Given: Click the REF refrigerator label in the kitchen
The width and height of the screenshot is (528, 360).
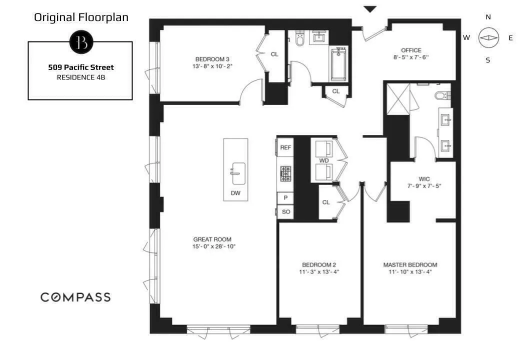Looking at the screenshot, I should [x=285, y=147].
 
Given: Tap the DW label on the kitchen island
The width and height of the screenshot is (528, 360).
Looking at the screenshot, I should [x=235, y=192].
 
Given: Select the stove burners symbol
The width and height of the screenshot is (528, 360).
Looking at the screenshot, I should [x=285, y=173].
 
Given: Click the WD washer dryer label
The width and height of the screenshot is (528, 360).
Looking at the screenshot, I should [x=323, y=160].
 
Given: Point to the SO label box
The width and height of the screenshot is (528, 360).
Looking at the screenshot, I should [x=285, y=212].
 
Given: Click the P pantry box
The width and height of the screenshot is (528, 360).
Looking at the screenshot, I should [x=285, y=198].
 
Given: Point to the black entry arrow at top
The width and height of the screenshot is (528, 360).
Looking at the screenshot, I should [x=370, y=9].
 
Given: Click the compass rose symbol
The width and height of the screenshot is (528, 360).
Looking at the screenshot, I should [x=488, y=38].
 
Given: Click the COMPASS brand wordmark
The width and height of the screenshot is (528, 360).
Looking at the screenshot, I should [x=75, y=297].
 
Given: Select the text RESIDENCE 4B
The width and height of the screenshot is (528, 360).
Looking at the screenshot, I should [x=80, y=77].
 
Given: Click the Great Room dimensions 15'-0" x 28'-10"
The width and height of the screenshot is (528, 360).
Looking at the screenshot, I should [x=213, y=246].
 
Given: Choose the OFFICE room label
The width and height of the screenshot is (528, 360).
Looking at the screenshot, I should [x=411, y=50].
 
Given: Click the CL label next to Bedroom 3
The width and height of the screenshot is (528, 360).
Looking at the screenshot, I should [x=274, y=54].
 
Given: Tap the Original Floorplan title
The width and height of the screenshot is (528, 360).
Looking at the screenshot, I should [x=81, y=17].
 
